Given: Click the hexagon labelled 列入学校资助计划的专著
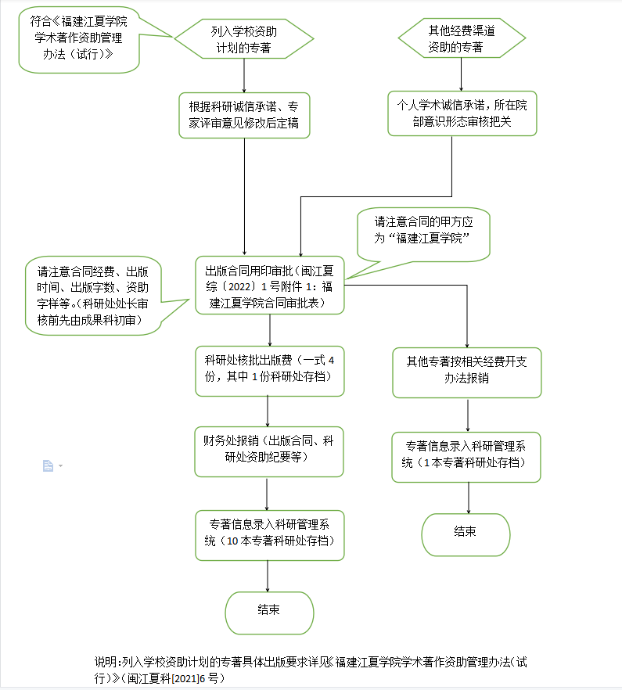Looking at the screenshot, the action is point(244,39).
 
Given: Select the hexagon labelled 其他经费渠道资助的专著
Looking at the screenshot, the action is point(462,38).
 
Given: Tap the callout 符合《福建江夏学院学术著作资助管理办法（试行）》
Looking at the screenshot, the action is point(79,40).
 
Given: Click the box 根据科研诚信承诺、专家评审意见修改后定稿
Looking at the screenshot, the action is point(244,115).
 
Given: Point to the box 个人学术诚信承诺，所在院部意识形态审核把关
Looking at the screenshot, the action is point(462,113).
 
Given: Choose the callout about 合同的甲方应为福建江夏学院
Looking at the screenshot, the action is point(423,234).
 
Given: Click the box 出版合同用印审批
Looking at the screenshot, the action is point(269,285).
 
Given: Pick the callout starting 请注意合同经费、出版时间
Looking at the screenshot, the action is point(93,296).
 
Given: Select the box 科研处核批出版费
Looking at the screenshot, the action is point(269,371).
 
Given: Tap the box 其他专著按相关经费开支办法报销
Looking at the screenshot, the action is point(466,372).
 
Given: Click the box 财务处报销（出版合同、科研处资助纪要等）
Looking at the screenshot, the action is point(269,451).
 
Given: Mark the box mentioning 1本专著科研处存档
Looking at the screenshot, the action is point(466,457).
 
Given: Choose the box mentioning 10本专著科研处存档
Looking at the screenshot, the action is point(269,536).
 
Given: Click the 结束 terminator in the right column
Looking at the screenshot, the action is point(466,534).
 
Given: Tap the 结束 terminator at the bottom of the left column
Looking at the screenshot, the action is point(269,613).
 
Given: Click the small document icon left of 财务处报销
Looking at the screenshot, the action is point(48,465).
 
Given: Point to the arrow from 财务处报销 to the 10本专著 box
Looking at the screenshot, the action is point(267,494).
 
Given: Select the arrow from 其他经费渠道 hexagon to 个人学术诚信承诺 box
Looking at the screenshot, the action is point(462,74).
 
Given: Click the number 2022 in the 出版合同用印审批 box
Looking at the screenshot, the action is point(239,287).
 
